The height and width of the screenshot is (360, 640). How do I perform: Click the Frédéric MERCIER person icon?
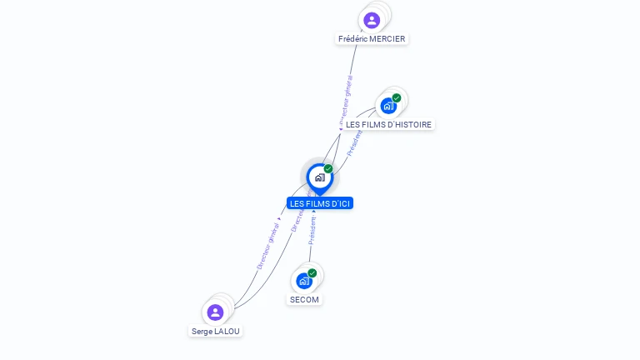tap(372, 20)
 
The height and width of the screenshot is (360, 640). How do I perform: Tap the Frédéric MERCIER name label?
tap(372, 39)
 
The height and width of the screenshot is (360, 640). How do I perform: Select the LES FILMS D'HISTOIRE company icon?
tap(387, 106)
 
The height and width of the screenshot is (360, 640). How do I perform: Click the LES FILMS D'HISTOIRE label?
tap(389, 124)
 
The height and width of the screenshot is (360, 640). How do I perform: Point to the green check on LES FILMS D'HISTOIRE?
tap(397, 98)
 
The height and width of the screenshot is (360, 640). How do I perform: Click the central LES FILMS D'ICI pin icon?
tap(319, 177)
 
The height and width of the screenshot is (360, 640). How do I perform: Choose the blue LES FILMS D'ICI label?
tap(320, 203)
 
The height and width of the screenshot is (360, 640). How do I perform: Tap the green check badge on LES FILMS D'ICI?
tap(328, 169)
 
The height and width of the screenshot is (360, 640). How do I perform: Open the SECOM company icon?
tap(303, 281)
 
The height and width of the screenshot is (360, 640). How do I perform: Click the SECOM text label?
tap(304, 299)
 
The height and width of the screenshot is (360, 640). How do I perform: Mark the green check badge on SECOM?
tap(312, 273)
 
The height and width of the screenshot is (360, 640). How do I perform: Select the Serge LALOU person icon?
tap(215, 312)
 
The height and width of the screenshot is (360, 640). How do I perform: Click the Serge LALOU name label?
tap(216, 331)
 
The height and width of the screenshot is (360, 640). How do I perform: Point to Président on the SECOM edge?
tap(312, 231)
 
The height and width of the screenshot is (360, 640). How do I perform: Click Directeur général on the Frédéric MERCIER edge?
tap(346, 101)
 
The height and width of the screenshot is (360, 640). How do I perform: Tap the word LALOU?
tap(227, 331)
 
